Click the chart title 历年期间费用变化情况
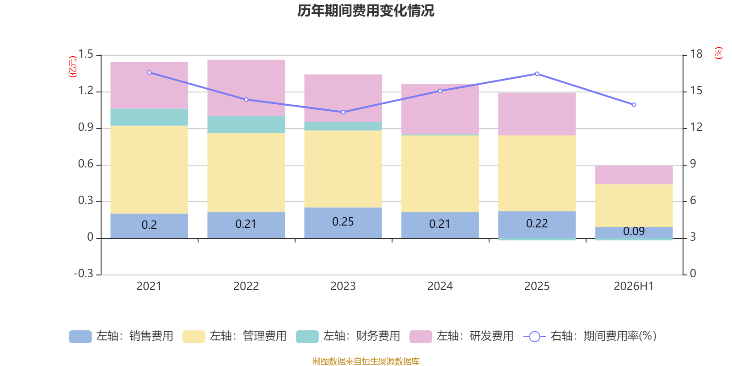pyautogui.click(x=366, y=11)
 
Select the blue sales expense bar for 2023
pyautogui.click(x=343, y=223)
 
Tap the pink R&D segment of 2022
pyautogui.click(x=246, y=88)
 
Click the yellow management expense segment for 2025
pyautogui.click(x=537, y=173)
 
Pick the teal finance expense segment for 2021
pyautogui.click(x=149, y=117)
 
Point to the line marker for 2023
pyautogui.click(x=343, y=112)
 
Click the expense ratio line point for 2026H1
pyautogui.click(x=634, y=105)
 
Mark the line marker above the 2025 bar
pyautogui.click(x=537, y=74)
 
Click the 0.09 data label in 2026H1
pyautogui.click(x=634, y=231)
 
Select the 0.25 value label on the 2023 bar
pyautogui.click(x=343, y=222)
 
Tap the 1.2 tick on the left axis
pyautogui.click(x=86, y=91)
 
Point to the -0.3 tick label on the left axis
pyautogui.click(x=84, y=274)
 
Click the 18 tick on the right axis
pyautogui.click(x=696, y=54)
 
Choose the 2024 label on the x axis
pyautogui.click(x=440, y=286)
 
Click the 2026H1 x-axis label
pyautogui.click(x=634, y=286)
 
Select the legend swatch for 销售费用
pyautogui.click(x=81, y=337)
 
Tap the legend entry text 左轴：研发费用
pyautogui.click(x=475, y=336)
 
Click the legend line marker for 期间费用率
pyautogui.click(x=535, y=337)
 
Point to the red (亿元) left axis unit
pyautogui.click(x=73, y=67)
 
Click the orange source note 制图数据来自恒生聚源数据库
pyautogui.click(x=366, y=361)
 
